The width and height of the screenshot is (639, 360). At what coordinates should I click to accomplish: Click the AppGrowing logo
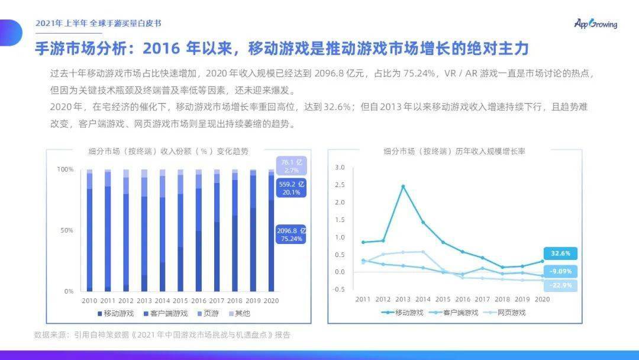pyautogui.click(x=595, y=24)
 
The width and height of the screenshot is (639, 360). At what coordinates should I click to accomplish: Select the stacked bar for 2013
pyautogui.click(x=144, y=230)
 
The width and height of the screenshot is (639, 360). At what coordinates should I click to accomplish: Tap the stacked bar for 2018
pyautogui.click(x=235, y=230)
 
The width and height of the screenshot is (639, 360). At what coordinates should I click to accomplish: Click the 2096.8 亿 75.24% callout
pyautogui.click(x=291, y=234)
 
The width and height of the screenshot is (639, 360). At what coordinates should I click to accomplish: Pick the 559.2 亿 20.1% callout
pyautogui.click(x=291, y=188)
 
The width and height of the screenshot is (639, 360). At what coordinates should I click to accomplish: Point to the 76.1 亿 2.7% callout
pyautogui.click(x=291, y=165)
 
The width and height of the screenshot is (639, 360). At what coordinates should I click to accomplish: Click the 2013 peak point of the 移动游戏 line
pyautogui.click(x=403, y=186)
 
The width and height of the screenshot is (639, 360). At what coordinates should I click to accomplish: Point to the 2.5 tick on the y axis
pyautogui.click(x=339, y=185)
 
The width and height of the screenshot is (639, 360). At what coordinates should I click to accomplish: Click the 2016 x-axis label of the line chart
pyautogui.click(x=463, y=299)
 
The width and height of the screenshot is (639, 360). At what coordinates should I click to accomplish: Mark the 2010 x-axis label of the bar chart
pyautogui.click(x=89, y=301)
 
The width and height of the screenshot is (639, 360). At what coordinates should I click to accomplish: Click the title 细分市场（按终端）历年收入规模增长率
pyautogui.click(x=454, y=152)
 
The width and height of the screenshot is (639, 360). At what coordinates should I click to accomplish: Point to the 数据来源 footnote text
pyautogui.click(x=162, y=335)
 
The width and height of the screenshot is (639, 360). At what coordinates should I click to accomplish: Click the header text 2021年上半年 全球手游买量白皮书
pyautogui.click(x=98, y=23)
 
